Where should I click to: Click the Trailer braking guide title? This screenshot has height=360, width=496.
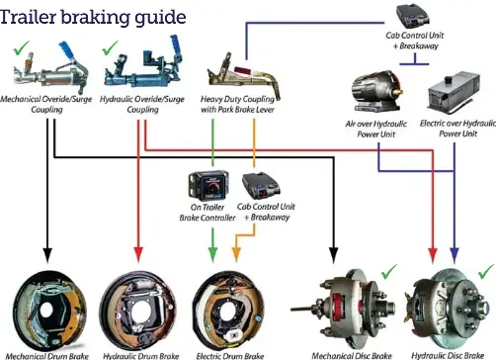click(93, 17)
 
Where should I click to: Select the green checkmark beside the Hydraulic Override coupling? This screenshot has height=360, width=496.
click(110, 47)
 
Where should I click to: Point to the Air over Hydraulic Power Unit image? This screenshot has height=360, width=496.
click(376, 90)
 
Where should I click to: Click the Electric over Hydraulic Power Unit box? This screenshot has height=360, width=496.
click(454, 91)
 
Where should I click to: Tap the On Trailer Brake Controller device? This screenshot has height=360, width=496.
click(208, 185)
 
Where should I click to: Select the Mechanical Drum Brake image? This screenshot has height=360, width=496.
click(49, 311)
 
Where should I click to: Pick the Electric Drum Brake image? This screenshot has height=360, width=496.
click(228, 312)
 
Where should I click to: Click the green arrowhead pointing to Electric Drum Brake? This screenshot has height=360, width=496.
click(212, 254)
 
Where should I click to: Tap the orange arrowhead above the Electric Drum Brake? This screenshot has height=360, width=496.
click(236, 254)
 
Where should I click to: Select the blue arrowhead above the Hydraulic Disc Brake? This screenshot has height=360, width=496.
click(455, 256)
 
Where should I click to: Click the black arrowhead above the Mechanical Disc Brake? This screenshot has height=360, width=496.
click(334, 255)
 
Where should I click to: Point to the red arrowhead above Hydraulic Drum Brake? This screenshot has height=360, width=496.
click(138, 254)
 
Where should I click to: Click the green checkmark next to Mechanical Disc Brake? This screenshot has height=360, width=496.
click(389, 271)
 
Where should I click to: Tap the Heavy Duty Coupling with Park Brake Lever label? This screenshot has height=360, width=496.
click(238, 104)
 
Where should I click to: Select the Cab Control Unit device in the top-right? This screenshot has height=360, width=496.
click(412, 16)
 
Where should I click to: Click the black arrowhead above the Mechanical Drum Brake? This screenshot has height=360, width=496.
click(47, 255)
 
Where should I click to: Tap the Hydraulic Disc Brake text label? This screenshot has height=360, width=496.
click(448, 355)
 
